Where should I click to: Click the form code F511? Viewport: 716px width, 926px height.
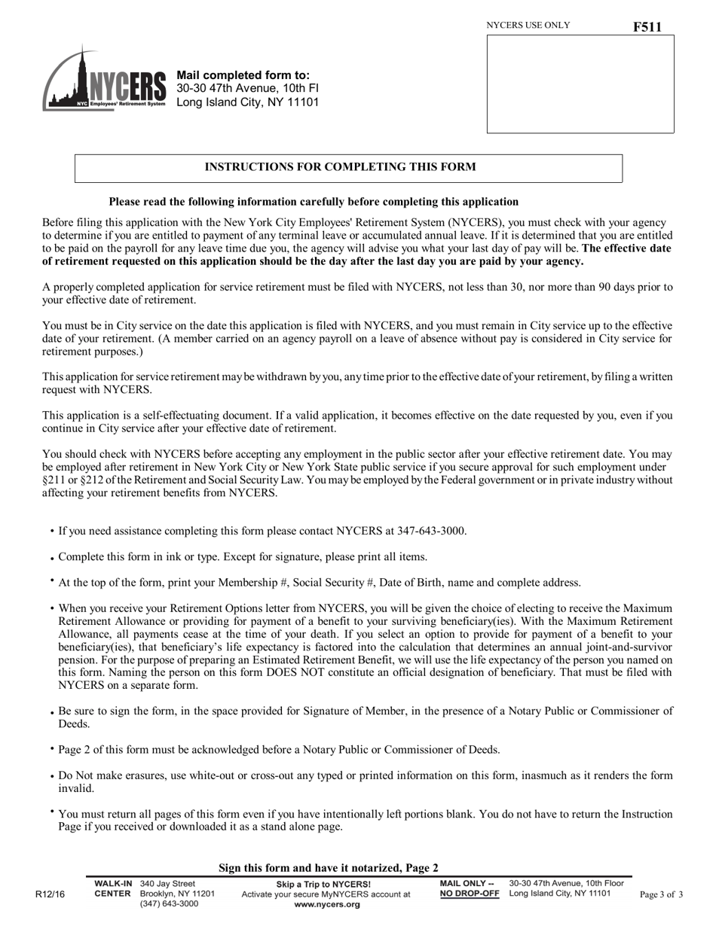(x=647, y=27)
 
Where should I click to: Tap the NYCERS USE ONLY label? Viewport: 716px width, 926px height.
(x=528, y=26)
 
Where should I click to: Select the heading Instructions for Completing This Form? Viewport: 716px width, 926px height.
(x=340, y=167)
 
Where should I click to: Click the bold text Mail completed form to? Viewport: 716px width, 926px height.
(x=243, y=75)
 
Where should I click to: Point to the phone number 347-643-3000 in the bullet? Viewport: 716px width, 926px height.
(x=425, y=532)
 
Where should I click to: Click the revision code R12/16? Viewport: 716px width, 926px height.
(x=50, y=894)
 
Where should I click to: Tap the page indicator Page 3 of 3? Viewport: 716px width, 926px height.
(x=661, y=895)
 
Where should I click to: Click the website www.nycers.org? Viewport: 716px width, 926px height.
(x=326, y=905)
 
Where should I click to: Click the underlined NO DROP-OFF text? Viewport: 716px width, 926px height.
(x=470, y=894)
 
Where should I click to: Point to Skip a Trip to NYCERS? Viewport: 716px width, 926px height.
(x=323, y=884)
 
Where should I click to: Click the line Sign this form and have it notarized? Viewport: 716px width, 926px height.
(x=328, y=868)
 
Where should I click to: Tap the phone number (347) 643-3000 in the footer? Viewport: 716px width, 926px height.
(x=170, y=904)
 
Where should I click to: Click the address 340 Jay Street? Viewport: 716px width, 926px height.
(x=167, y=883)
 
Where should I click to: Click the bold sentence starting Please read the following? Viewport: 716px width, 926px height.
(x=314, y=202)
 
